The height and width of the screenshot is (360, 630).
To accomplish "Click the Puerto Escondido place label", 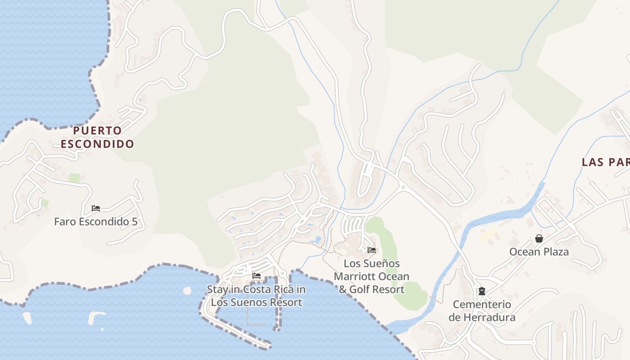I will click(x=98, y=137).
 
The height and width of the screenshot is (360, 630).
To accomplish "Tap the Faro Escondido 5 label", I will click(x=95, y=222).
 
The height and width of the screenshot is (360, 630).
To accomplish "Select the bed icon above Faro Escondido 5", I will click(x=95, y=208).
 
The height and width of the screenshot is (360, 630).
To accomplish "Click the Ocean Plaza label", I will click(x=539, y=252).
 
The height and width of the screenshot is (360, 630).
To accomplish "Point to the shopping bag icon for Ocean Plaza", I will click(x=539, y=238).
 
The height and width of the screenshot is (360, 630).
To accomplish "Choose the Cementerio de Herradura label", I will click(x=481, y=311).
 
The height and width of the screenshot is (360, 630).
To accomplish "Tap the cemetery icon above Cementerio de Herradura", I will click(x=482, y=291).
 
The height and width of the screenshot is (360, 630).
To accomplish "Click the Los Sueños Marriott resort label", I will click(x=371, y=276).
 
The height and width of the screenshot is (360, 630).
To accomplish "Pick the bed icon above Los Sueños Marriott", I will click(x=372, y=250).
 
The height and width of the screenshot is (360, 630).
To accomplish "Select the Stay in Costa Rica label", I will click(x=256, y=296).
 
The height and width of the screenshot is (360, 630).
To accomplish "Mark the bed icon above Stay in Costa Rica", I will click(x=256, y=275).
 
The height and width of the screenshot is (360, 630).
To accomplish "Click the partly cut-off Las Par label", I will click(x=605, y=162).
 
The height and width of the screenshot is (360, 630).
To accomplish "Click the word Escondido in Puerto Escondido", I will click(x=98, y=144).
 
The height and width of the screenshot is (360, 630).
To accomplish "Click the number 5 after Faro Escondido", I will click(x=134, y=222).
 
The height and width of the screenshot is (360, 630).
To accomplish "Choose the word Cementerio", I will click(x=482, y=305).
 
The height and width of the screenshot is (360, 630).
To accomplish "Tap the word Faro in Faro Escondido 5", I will click(x=63, y=222).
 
